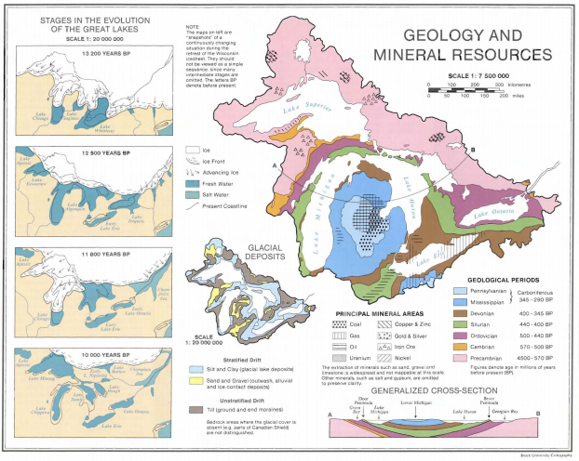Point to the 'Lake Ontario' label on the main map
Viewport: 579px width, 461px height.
click(492, 216)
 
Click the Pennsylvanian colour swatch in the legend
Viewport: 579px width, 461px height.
click(459, 291)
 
